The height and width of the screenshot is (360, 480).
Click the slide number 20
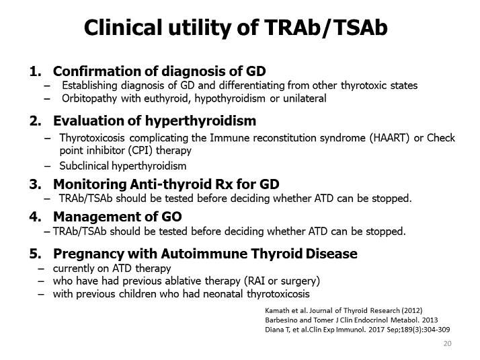[447, 344]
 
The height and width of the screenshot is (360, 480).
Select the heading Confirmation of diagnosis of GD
[159, 71]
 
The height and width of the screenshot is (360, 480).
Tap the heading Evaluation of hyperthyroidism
[154, 121]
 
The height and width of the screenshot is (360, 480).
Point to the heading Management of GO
[117, 217]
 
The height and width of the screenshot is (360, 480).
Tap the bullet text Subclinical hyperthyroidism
[123, 166]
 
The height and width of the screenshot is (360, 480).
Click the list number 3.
[34, 184]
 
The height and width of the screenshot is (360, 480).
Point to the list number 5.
[34, 254]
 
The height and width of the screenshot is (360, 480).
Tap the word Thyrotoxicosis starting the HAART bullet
[94, 138]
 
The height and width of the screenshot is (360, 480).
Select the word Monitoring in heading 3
[86, 184]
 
